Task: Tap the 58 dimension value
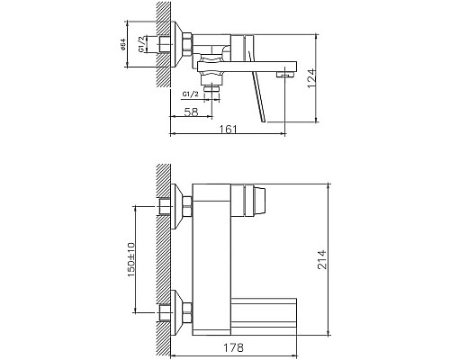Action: [191, 112]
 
